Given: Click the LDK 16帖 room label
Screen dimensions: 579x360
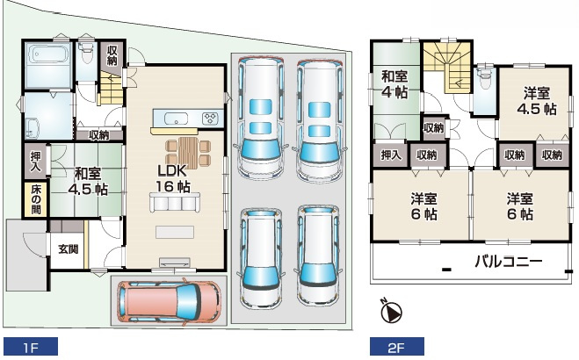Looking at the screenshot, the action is [173, 178].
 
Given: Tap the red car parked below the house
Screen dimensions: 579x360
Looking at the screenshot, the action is [170, 300].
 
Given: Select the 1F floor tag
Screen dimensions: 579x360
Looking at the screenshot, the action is [31, 348].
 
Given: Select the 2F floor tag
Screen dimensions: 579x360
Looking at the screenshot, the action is [397, 348].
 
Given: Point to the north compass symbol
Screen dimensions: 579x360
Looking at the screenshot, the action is [391, 310].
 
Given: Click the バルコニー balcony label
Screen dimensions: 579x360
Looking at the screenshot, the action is [509, 262].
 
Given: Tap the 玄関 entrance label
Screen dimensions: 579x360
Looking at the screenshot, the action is [69, 249].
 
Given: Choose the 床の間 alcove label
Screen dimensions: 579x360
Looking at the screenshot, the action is [36, 199].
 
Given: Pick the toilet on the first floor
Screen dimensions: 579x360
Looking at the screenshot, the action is [87, 53].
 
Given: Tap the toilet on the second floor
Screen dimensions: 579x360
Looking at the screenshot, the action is [484, 77].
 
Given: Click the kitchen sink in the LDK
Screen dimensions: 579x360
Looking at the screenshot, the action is [176, 119].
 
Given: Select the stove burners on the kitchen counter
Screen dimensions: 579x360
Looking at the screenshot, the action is [210, 118].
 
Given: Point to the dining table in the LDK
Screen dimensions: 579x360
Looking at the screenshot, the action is [188, 151].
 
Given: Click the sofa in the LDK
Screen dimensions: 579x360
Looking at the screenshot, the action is [175, 202].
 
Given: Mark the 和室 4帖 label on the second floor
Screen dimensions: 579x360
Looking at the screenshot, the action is [394, 84].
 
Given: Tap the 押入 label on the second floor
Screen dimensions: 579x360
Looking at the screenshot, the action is [391, 155].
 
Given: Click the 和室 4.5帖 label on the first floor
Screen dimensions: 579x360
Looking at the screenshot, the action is [88, 181].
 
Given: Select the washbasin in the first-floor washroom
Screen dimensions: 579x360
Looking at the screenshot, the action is [33, 127].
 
